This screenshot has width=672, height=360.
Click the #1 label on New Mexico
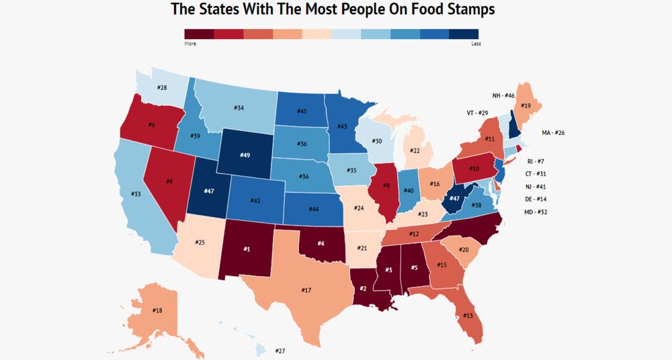[x=247, y=250]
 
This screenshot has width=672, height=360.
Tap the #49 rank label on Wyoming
[x=245, y=155]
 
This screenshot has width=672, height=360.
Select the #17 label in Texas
[x=306, y=290]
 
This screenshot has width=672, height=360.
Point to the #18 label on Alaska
[x=157, y=310]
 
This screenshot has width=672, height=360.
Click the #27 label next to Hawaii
[x=281, y=351]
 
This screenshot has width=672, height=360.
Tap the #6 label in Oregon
[x=152, y=125]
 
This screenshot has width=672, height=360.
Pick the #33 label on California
[x=136, y=194]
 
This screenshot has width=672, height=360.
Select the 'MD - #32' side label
[x=536, y=212]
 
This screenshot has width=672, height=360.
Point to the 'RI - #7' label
[x=534, y=161]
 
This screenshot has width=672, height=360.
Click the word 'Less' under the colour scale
[x=476, y=44]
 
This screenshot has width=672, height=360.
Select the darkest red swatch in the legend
[x=199, y=34]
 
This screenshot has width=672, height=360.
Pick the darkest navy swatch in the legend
[x=464, y=34]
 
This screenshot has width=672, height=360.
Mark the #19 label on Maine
[x=526, y=106]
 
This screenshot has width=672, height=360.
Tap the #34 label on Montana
[x=239, y=107]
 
